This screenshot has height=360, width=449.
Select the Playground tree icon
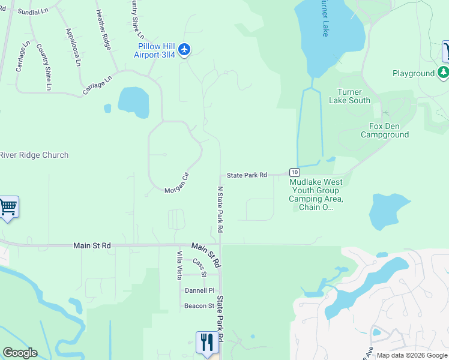443,73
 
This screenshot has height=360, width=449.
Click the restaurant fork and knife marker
206,343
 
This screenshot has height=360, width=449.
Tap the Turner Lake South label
349,96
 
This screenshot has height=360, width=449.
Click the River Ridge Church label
34,155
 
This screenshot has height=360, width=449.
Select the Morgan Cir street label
177,182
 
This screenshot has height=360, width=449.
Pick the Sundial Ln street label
33,11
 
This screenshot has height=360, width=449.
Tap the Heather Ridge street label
104,29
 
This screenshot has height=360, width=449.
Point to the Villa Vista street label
179,266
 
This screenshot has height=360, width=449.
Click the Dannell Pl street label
199,290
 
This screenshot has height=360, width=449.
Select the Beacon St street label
199,306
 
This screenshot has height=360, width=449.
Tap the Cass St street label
200,268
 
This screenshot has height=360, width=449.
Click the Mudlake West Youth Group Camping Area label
316,194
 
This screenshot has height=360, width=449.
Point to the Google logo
20,353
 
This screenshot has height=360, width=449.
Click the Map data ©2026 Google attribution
412,355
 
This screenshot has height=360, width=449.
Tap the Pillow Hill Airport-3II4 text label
155,50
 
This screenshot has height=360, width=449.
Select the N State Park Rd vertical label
220,209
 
